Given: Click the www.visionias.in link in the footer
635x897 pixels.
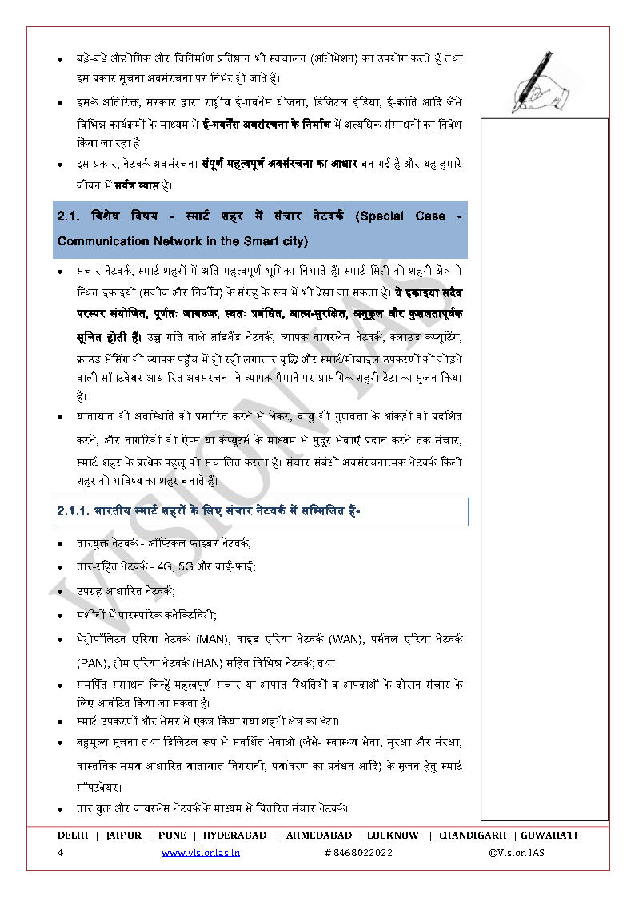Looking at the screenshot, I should tap(201, 852).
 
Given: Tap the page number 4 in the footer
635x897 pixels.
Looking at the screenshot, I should tap(61, 852).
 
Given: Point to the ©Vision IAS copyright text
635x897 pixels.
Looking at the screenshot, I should tap(517, 852).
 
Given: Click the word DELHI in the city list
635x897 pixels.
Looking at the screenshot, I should tap(73, 835).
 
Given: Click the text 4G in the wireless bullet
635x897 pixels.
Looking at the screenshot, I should tap(165, 566).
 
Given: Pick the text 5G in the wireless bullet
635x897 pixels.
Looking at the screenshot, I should tap(186, 566).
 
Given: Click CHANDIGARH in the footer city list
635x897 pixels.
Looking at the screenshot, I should tap(472, 835).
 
